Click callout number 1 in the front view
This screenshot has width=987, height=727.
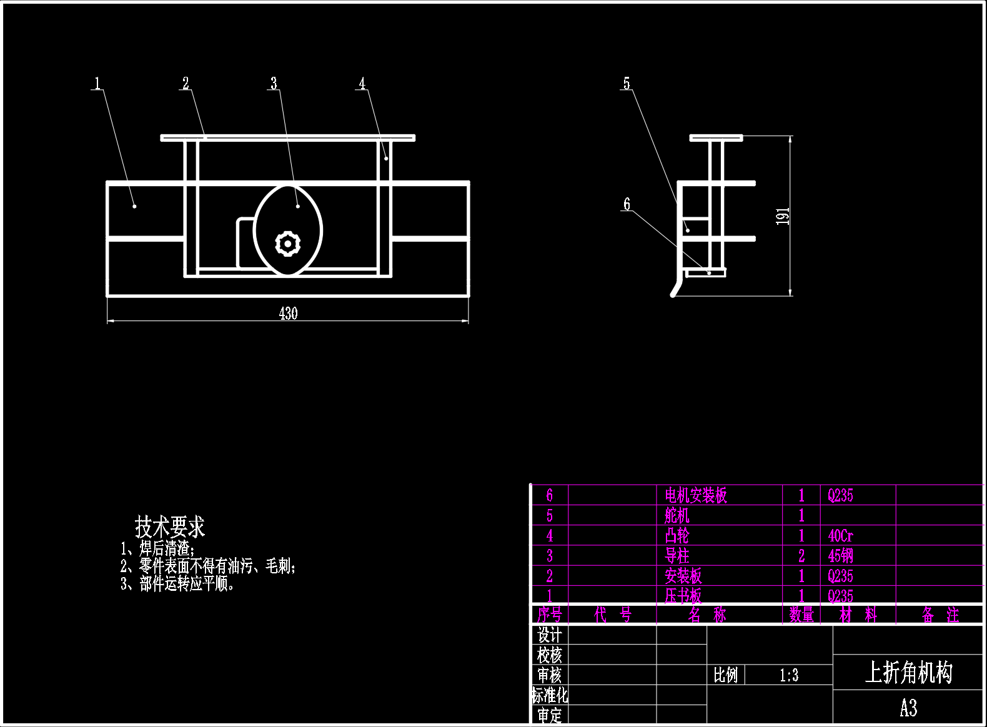click(x=97, y=83)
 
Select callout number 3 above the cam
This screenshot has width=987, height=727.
click(x=274, y=83)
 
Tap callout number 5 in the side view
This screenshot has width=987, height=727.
click(x=627, y=83)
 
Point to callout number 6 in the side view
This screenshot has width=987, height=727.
click(x=627, y=204)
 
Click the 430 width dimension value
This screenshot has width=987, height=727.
click(x=288, y=314)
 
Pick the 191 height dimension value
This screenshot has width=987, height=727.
click(x=783, y=216)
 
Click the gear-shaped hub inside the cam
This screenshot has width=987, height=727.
click(x=288, y=243)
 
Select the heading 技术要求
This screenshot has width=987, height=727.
click(x=170, y=527)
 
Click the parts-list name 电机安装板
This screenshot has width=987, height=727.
click(x=696, y=495)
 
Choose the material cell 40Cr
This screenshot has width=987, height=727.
click(x=840, y=536)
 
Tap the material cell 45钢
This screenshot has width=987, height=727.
click(x=840, y=556)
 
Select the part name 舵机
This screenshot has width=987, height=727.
click(x=677, y=515)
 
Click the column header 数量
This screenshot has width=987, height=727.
click(x=801, y=615)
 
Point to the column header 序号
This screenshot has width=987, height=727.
click(x=550, y=615)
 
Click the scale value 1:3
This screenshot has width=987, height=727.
click(x=789, y=675)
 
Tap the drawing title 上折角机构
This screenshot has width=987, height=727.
click(x=908, y=673)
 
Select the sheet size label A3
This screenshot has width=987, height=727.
click(x=908, y=708)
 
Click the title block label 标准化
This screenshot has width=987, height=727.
click(x=550, y=696)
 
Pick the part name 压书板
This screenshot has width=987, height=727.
click(x=683, y=596)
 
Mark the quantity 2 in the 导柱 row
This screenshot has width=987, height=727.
click(x=801, y=556)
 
